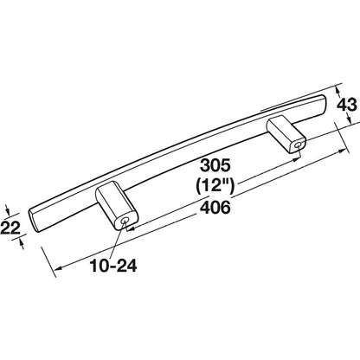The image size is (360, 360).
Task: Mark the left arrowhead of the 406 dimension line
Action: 58,268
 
